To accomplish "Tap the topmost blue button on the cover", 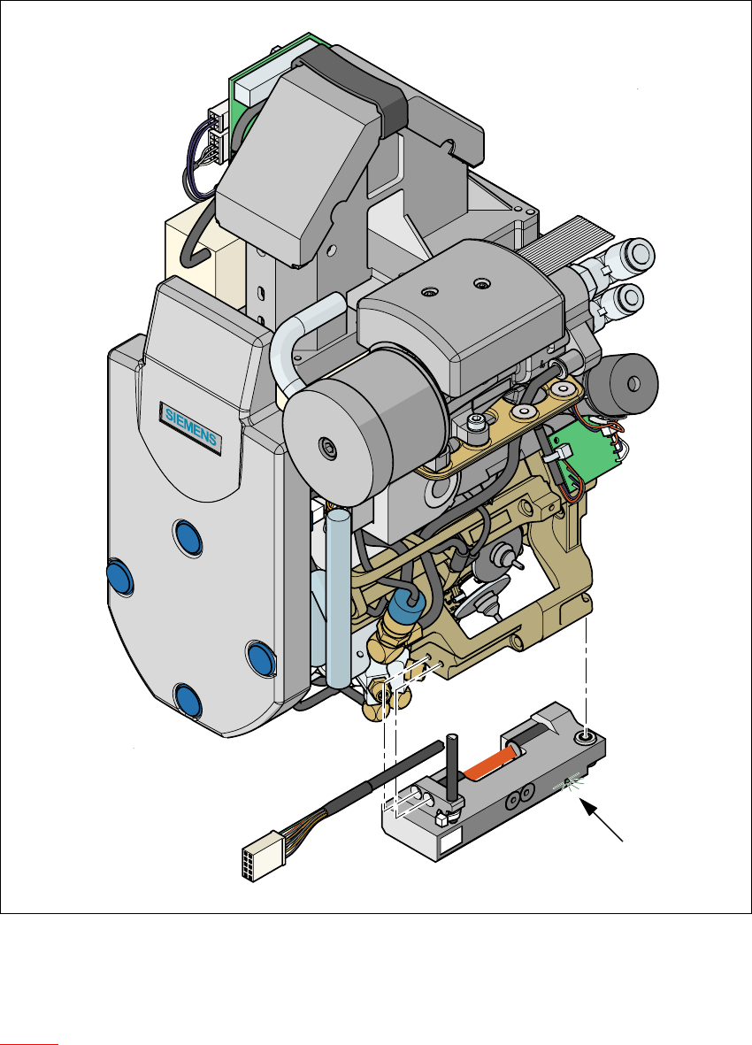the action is pos(188,538).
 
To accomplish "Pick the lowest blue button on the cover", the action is pos(188,700).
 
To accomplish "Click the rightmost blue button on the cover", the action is pos(261,658).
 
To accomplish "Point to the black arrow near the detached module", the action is pos(602,820).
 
